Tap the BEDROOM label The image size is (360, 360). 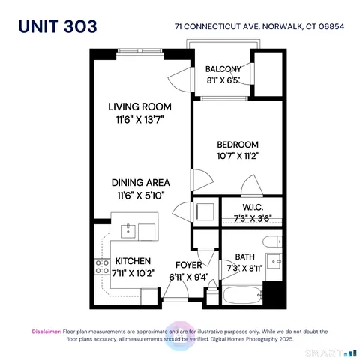[x=238, y=145]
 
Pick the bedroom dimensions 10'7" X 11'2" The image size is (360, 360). [x=238, y=157]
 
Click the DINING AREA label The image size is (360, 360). [x=140, y=182]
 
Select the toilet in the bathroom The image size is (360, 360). [x=273, y=241]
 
